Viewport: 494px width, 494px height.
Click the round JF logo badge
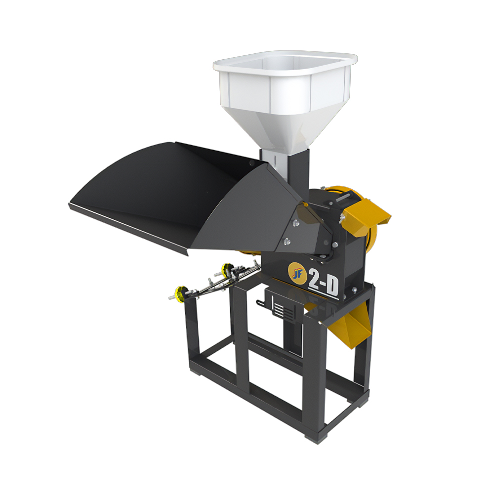tap(297, 273)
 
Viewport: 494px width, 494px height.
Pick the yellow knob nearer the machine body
tap(227, 270)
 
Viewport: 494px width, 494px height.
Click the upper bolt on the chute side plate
tap(295, 223)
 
